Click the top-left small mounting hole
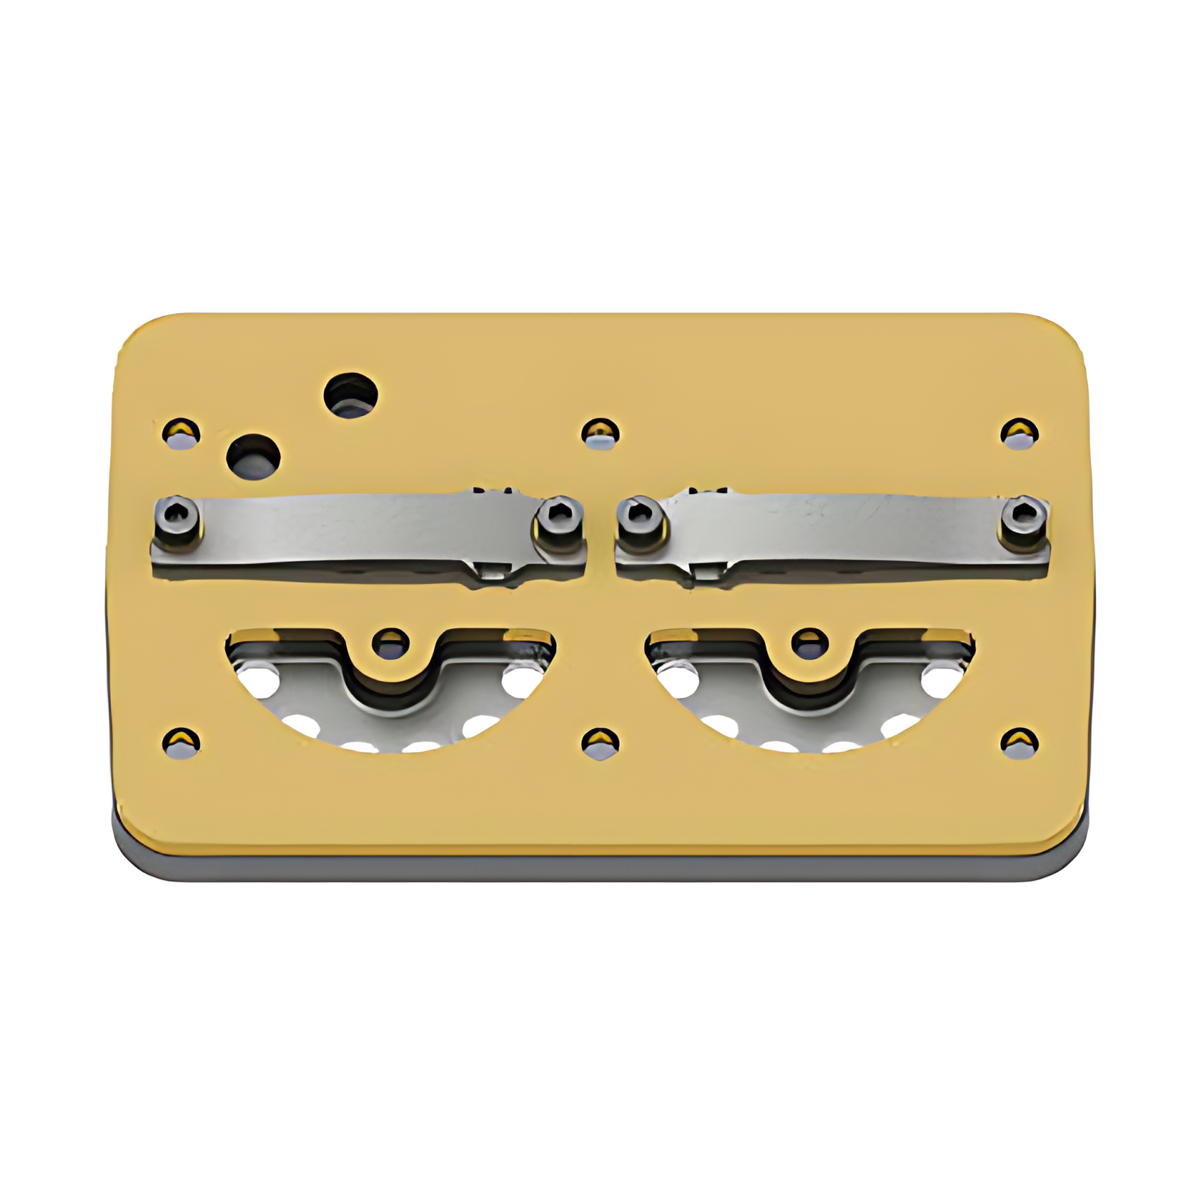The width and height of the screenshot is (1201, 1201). coord(181,432)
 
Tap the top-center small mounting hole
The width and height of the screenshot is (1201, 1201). coord(600,433)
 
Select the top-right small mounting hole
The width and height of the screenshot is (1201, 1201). coord(1019,433)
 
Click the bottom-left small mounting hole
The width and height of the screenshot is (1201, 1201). coord(181,743)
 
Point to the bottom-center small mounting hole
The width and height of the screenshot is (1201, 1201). coord(600,743)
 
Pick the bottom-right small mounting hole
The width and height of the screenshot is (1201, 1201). coord(1019,743)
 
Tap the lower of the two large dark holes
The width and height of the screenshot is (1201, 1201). coord(253,456)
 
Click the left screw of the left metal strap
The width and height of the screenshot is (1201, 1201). coord(177,515)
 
